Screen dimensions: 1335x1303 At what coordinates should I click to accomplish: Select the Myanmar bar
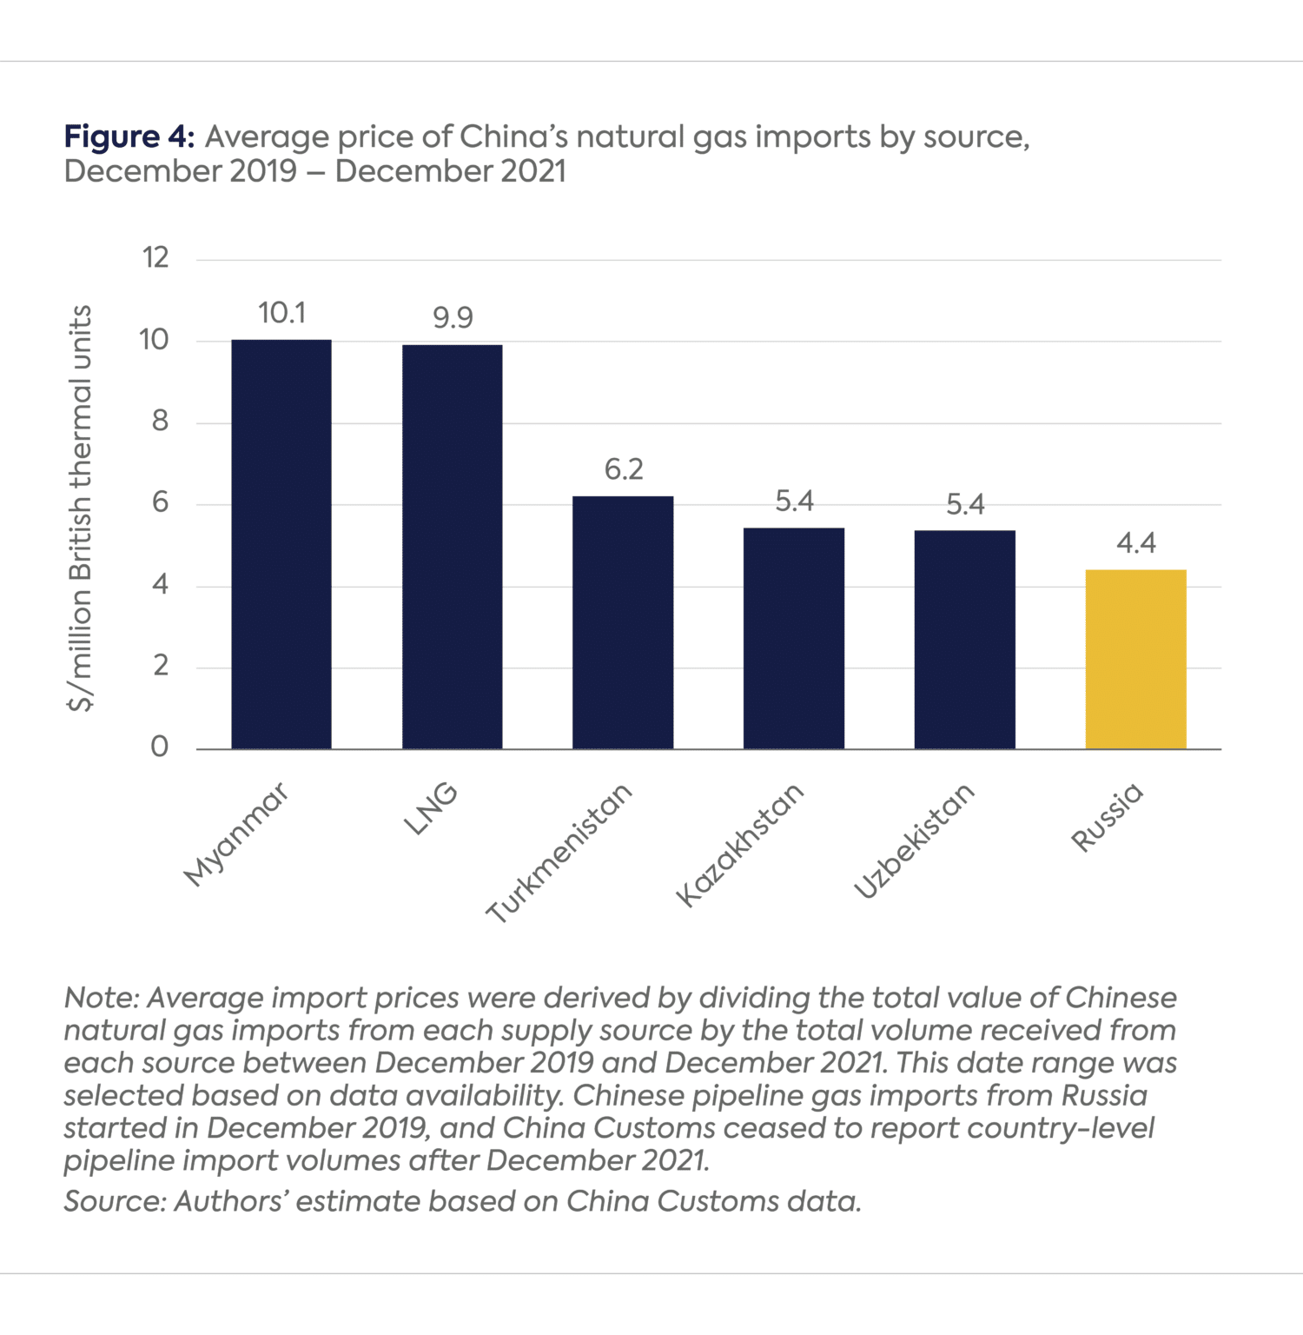[281, 544]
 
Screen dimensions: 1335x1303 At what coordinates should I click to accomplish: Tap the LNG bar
[452, 547]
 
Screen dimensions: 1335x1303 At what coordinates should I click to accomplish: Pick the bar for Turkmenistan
[623, 622]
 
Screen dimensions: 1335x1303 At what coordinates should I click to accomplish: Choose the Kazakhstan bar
[794, 638]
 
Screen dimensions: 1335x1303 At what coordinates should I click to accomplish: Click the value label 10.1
[281, 313]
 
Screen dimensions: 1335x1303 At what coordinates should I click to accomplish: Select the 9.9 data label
[453, 318]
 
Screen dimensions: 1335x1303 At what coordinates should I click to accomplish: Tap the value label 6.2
[624, 470]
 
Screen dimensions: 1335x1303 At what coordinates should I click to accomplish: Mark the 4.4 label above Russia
[1135, 544]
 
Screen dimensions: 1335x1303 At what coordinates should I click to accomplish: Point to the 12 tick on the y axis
[155, 258]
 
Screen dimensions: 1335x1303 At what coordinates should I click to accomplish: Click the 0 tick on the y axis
[160, 747]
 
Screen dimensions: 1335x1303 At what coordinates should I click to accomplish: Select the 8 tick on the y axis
[160, 422]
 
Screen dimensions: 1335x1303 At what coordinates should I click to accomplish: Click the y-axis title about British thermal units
[80, 508]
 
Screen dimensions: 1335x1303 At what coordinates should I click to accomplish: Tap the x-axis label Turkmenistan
[559, 853]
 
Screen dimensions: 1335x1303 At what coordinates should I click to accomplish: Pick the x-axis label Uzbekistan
[915, 840]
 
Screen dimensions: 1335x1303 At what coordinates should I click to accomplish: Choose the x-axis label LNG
[431, 808]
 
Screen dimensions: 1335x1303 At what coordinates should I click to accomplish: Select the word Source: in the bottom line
[115, 1201]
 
